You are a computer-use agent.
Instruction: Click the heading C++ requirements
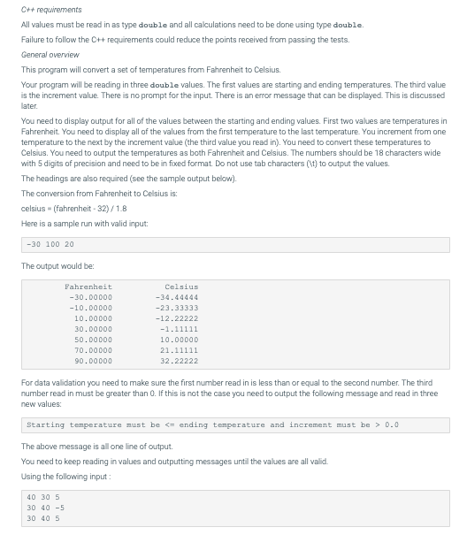click(42, 9)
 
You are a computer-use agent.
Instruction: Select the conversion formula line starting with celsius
click(73, 208)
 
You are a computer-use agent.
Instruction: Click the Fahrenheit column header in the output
click(88, 287)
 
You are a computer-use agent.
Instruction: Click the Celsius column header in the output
click(180, 287)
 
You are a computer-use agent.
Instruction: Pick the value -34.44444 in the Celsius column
click(176, 297)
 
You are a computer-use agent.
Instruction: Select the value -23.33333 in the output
click(176, 308)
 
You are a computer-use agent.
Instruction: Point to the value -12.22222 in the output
click(176, 318)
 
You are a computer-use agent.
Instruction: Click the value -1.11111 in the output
click(179, 329)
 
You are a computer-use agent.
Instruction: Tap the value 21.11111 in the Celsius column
click(179, 350)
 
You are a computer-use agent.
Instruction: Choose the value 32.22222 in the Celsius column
click(179, 361)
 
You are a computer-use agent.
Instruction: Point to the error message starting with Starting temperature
click(212, 424)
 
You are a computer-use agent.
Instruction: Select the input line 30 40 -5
click(42, 508)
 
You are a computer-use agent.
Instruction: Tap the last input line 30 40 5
click(41, 519)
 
